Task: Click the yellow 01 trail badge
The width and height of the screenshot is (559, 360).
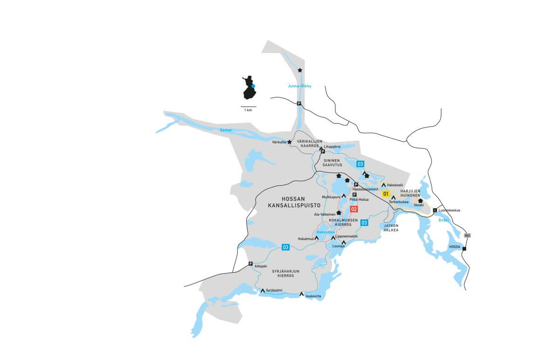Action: point(386,193)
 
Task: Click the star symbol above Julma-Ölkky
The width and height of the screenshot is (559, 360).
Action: point(300,70)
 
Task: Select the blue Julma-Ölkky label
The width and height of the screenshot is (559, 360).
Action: point(300,86)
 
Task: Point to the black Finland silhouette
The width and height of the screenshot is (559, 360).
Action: point(250,88)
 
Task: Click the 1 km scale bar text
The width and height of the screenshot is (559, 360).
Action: point(248,110)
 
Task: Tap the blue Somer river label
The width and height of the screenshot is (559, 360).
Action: point(225,130)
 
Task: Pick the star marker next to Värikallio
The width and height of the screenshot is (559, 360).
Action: point(289,142)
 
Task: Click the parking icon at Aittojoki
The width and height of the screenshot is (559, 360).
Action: point(251,264)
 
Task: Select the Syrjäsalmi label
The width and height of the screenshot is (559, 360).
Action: point(274,290)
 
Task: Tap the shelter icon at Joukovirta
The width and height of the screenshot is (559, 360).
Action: point(302,294)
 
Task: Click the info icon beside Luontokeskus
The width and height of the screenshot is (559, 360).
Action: point(435,210)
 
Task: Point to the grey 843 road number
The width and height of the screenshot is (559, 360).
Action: point(467,236)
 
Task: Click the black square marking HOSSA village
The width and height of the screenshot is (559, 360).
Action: point(464,249)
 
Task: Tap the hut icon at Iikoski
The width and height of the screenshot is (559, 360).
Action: point(421,201)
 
